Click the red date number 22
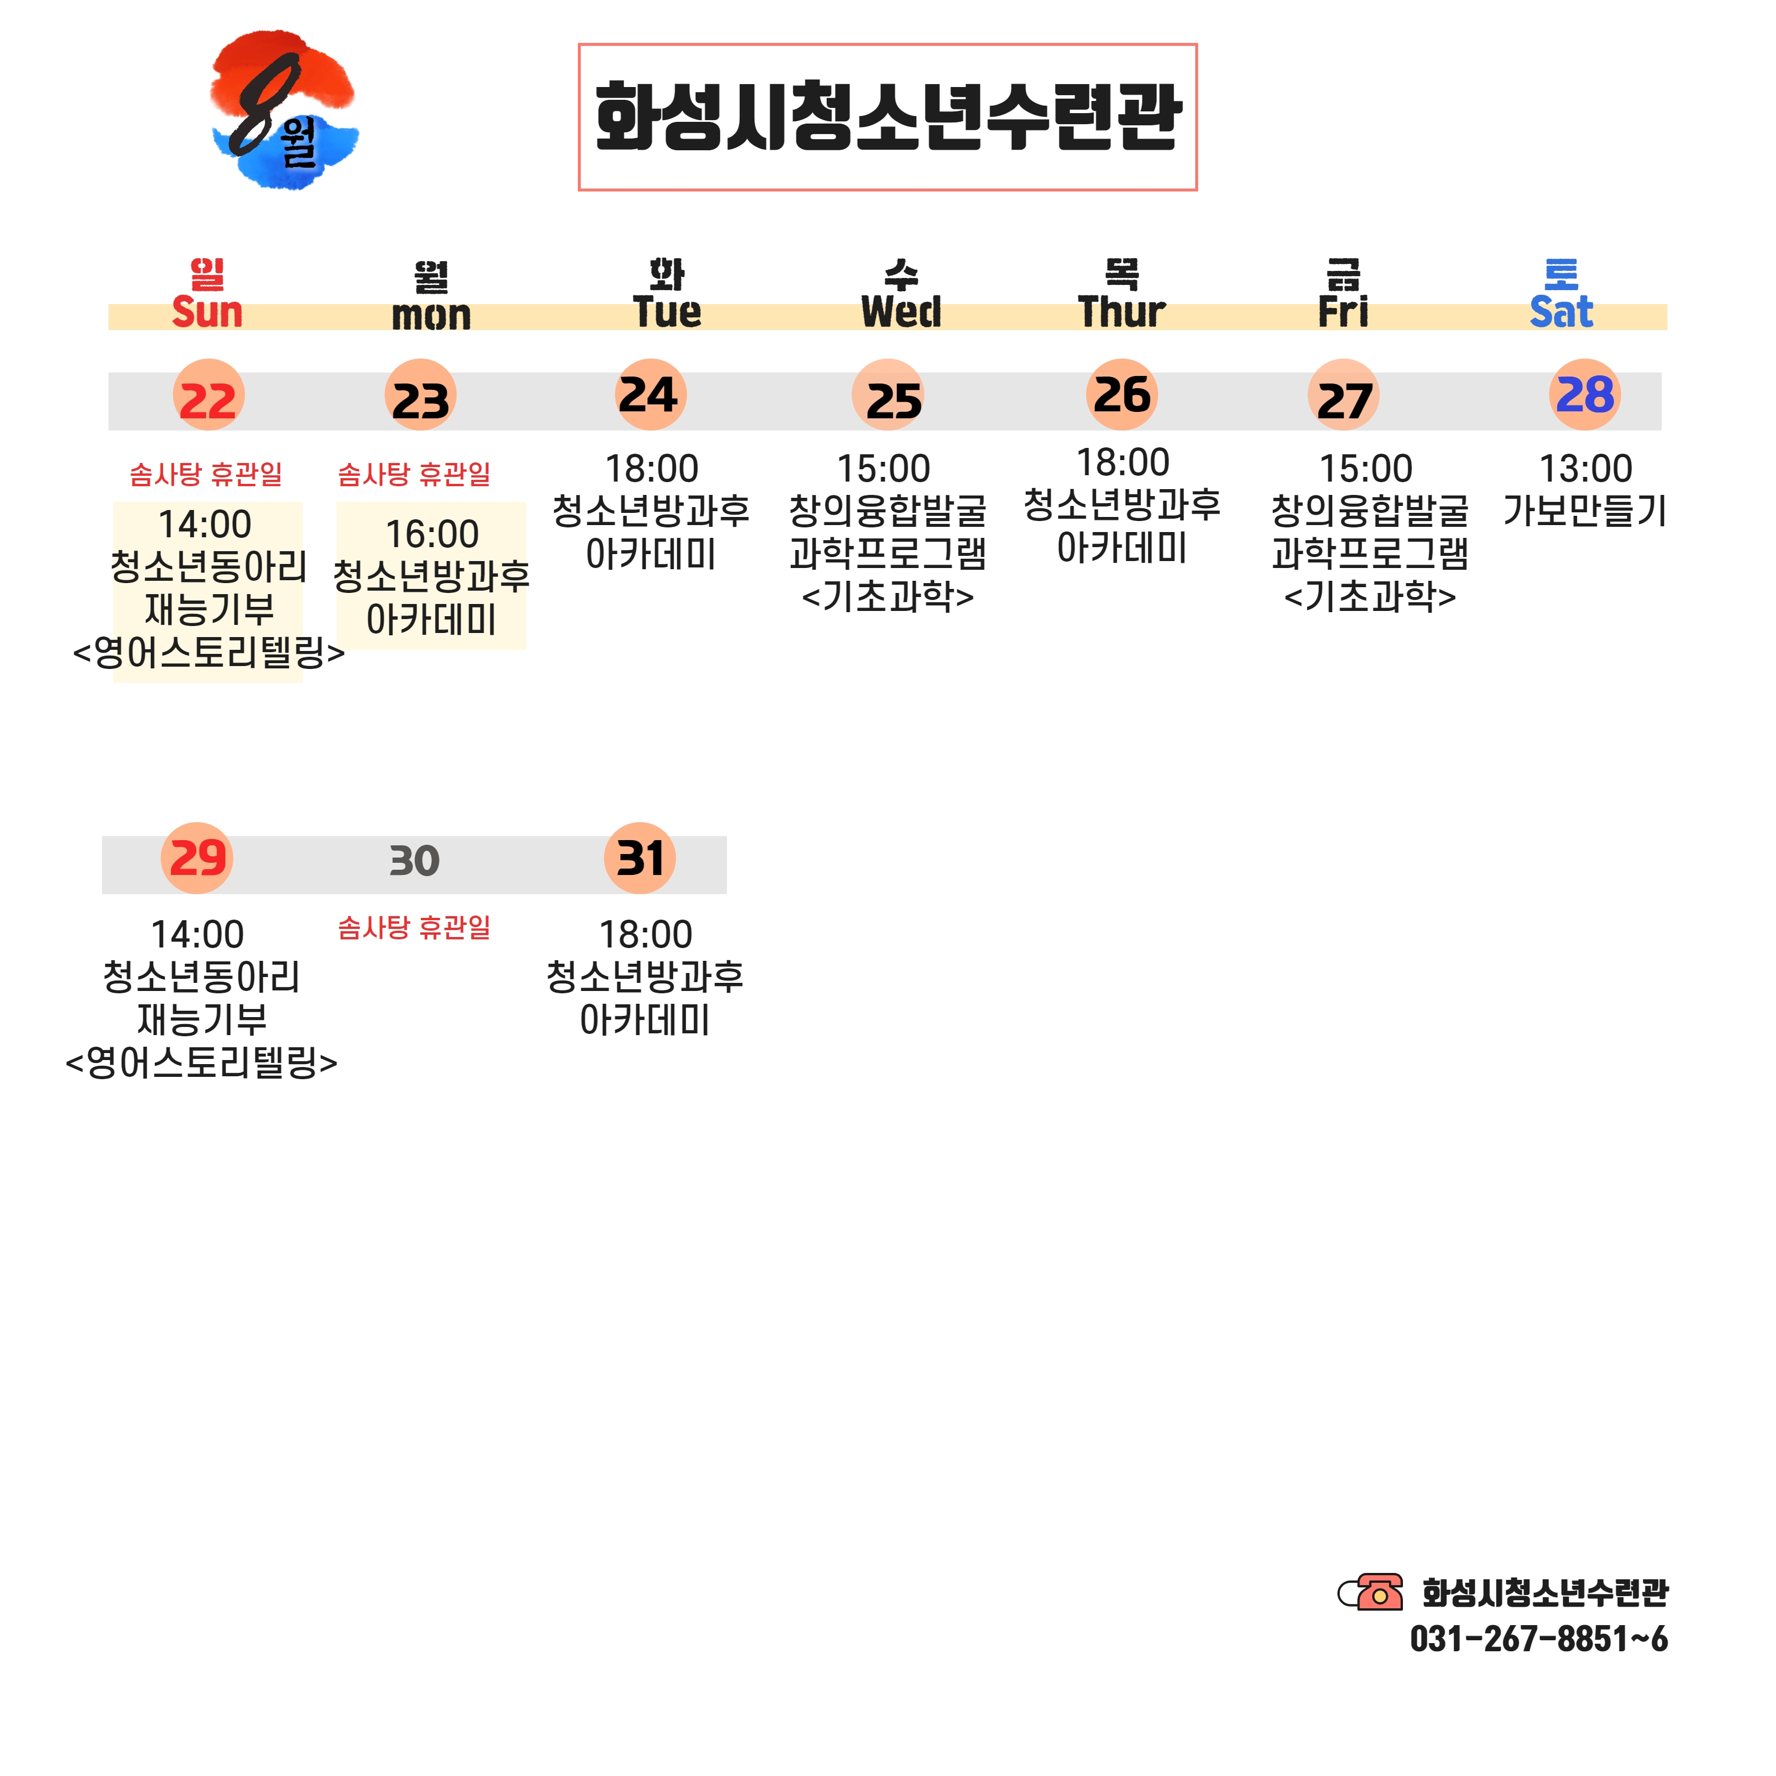[208, 401]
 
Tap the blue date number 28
[1584, 395]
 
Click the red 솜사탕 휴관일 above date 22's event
[206, 475]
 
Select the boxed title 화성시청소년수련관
[887, 117]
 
